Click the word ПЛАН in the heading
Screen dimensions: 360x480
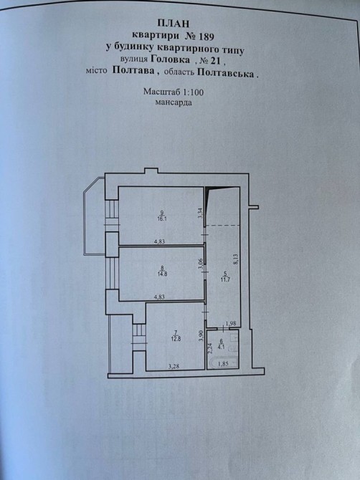point(174,23)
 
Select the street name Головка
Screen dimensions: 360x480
point(170,59)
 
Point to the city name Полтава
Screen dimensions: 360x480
point(133,70)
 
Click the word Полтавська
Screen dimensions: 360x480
point(226,74)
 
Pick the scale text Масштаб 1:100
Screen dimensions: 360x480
point(174,92)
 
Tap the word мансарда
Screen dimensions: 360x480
point(174,102)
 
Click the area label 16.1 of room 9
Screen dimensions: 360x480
point(162,219)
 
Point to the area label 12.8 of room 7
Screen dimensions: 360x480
point(176,338)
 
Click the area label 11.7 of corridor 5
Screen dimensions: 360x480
point(225,279)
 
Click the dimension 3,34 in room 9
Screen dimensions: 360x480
point(200,213)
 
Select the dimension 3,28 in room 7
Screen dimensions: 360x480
point(174,365)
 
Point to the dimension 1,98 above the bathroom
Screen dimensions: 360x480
point(231,323)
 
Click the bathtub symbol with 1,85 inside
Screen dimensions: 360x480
point(222,363)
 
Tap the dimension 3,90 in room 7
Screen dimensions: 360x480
point(201,337)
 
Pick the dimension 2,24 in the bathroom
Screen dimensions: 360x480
point(210,348)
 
